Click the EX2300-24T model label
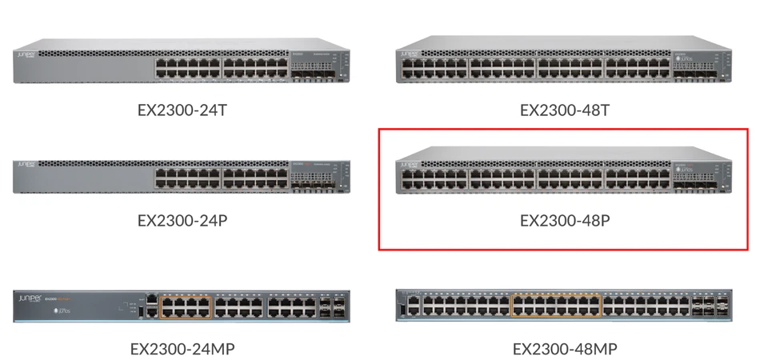(x=182, y=110)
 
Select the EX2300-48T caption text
(x=565, y=110)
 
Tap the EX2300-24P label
(x=182, y=219)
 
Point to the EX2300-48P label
(x=565, y=219)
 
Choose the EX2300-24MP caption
(x=182, y=349)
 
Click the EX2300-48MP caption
(x=565, y=349)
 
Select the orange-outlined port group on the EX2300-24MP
(x=186, y=307)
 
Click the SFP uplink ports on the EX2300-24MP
(x=326, y=307)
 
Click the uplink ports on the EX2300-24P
(x=312, y=183)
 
